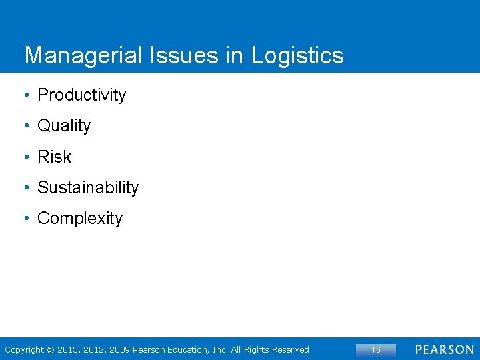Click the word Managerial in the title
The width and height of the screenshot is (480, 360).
click(83, 55)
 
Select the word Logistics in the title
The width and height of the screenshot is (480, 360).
click(297, 55)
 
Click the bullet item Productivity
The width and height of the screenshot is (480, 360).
click(81, 95)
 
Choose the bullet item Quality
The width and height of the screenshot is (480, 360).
click(64, 126)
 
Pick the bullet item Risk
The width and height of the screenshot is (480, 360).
click(54, 157)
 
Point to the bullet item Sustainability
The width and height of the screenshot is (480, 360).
click(88, 188)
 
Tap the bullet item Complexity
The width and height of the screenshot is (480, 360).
click(80, 219)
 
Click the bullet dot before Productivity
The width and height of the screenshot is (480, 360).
click(26, 95)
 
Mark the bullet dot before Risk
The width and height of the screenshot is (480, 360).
click(26, 157)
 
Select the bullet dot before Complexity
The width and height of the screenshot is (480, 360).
click(26, 219)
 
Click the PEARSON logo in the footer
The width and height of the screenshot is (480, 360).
click(445, 349)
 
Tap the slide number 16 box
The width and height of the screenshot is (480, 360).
click(375, 349)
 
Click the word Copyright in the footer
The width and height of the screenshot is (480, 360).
click(24, 349)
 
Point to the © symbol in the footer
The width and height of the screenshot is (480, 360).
click(51, 349)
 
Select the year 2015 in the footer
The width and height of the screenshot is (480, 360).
click(68, 349)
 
